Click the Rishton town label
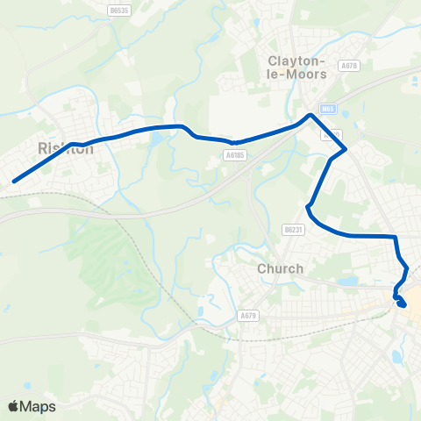tap(60, 147)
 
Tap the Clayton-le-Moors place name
tap(296, 68)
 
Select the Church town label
tap(281, 268)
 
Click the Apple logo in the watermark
tap(14, 406)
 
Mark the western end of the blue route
tap(14, 182)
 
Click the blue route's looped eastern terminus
tap(402, 303)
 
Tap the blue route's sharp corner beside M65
tap(310, 114)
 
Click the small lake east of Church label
tap(348, 282)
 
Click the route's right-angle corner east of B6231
tap(396, 237)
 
